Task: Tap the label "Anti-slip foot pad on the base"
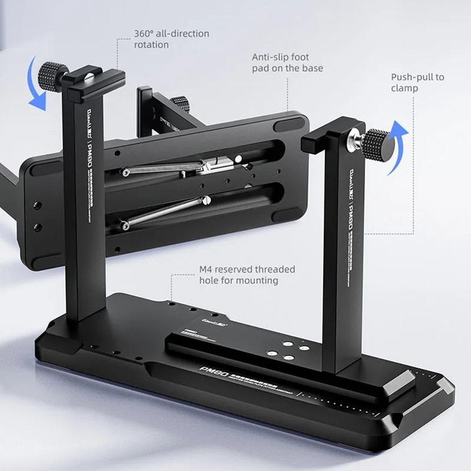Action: (287, 62)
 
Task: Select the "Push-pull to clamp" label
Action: (417, 82)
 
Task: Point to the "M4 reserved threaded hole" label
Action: (247, 275)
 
